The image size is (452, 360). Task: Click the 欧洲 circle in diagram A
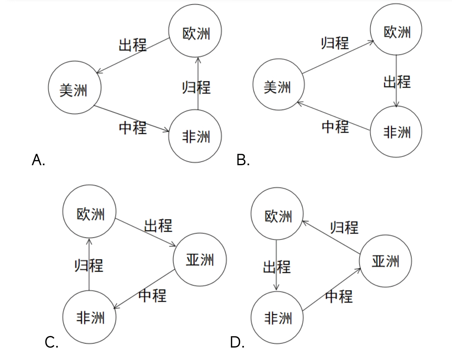tap(195, 31)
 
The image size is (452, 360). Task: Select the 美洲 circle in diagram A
tap(75, 88)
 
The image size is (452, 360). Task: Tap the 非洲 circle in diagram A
tap(195, 136)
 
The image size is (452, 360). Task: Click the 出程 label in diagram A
tap(132, 45)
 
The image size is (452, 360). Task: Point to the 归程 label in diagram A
tap(196, 87)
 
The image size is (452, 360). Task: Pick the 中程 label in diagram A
tap(133, 127)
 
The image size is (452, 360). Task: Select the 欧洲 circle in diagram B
tap(396, 30)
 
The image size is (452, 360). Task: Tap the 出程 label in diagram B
tap(397, 82)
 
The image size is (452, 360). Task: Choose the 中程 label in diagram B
tap(335, 127)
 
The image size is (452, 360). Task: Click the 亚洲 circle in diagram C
tap(200, 259)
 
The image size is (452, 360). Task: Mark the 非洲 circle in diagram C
tap(89, 317)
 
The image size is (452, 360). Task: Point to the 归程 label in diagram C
tap(89, 265)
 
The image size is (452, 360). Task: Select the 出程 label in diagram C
tap(158, 225)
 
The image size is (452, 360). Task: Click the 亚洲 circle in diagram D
tap(385, 261)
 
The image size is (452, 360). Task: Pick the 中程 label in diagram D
tap(339, 296)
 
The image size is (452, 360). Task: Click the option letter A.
tap(38, 160)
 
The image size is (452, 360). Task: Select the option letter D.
tap(237, 342)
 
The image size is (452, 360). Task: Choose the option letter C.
tap(51, 342)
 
